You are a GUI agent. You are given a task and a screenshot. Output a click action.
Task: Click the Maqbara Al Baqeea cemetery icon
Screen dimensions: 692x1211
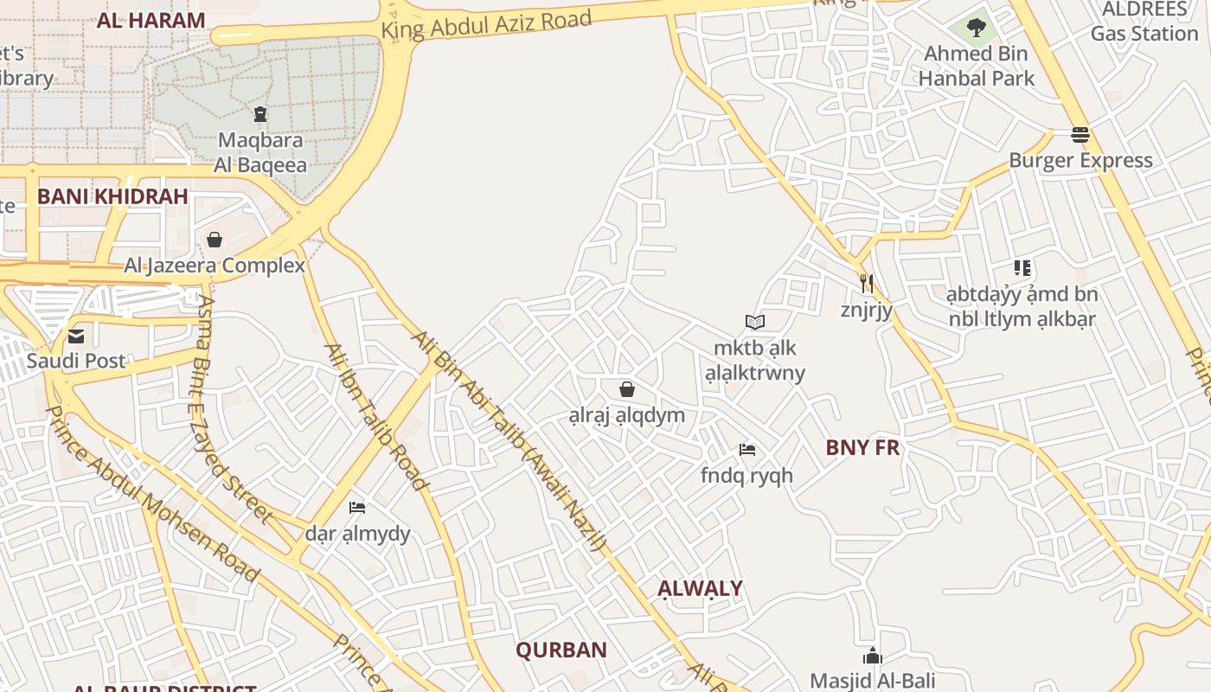tap(259, 114)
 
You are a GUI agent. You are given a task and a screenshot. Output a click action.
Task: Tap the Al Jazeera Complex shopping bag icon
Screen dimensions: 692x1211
tap(215, 240)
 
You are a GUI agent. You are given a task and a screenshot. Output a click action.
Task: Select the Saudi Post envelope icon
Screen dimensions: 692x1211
tap(76, 336)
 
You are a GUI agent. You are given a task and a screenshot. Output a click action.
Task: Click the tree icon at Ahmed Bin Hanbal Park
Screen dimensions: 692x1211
tap(977, 28)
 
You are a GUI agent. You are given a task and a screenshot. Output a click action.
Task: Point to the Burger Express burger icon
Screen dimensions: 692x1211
tap(1080, 135)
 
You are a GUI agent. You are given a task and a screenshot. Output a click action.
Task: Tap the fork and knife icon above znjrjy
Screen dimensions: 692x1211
tap(866, 283)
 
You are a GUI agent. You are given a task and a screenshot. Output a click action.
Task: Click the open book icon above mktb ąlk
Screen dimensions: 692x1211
tap(755, 323)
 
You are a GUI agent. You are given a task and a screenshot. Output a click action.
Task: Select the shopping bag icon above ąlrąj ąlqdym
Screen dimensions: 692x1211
tap(627, 389)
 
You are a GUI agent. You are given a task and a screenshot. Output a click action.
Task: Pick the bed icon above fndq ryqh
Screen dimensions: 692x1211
tap(747, 450)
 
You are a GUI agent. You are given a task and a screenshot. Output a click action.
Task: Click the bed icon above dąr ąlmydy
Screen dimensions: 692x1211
tap(357, 507)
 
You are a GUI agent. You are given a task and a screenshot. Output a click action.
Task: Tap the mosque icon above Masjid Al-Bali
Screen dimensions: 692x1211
tap(872, 656)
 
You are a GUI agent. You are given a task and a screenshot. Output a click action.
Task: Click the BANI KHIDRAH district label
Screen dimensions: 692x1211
tap(112, 196)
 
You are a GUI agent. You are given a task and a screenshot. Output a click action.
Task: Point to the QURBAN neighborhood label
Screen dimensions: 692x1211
tap(561, 650)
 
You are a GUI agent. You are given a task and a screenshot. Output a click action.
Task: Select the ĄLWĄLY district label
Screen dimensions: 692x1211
tap(700, 589)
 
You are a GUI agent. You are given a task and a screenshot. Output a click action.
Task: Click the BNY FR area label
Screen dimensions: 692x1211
tap(862, 447)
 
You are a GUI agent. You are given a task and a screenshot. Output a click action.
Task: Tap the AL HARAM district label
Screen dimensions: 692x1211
tap(151, 21)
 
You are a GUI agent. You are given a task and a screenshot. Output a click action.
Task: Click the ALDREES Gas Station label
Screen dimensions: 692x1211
tap(1144, 22)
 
